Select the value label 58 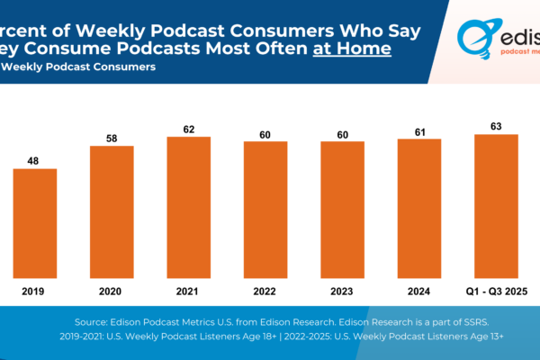coord(112,138)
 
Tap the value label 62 coord(188,129)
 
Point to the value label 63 coord(495,126)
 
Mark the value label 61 coord(418,130)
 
